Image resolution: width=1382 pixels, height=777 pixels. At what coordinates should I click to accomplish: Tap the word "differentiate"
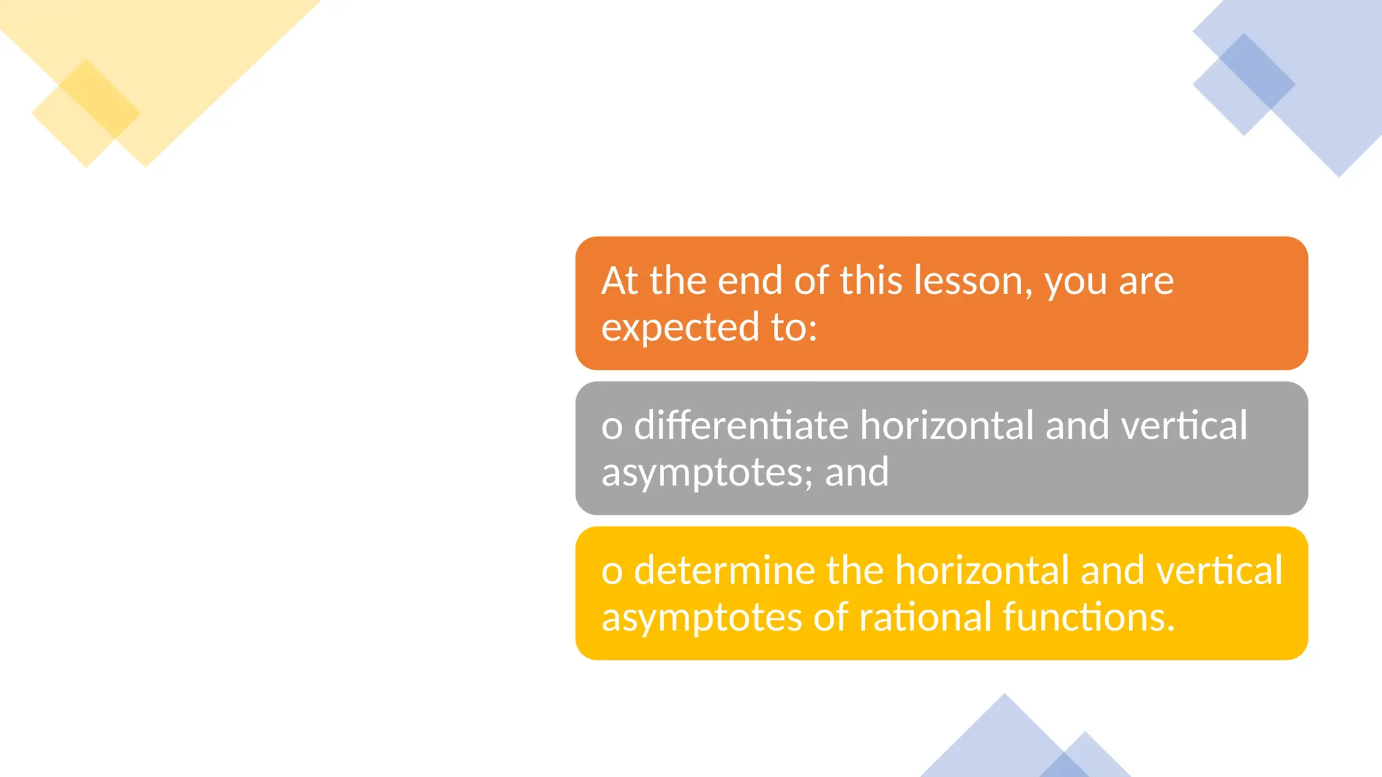coord(741,426)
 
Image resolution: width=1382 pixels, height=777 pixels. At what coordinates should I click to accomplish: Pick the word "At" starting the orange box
coord(619,281)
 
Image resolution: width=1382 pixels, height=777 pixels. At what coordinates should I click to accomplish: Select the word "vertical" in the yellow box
coord(1219,571)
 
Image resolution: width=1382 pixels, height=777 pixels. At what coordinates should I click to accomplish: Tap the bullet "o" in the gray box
coord(611,428)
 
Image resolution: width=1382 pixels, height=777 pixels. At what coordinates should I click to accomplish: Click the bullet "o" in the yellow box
coord(611,573)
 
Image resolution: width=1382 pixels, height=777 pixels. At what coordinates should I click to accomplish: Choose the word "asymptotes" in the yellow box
coord(701,618)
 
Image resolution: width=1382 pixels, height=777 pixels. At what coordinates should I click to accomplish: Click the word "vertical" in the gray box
coord(1184,426)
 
